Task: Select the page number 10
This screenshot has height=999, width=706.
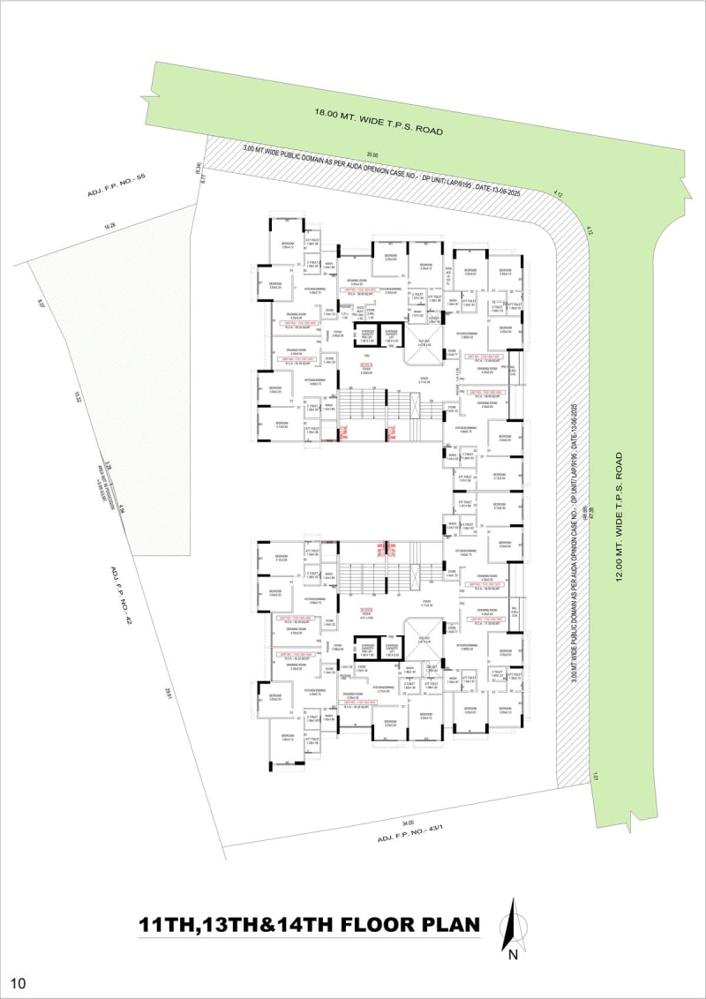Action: pyautogui.click(x=19, y=982)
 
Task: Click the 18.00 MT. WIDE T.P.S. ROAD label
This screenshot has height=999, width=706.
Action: pyautogui.click(x=377, y=120)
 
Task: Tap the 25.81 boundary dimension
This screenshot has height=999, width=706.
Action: pyautogui.click(x=166, y=695)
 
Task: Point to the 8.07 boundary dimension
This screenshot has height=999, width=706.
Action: pyautogui.click(x=41, y=304)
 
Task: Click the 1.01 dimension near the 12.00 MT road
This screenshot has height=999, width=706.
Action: pyautogui.click(x=597, y=777)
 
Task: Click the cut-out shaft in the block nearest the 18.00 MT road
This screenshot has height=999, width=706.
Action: pyautogui.click(x=413, y=342)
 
